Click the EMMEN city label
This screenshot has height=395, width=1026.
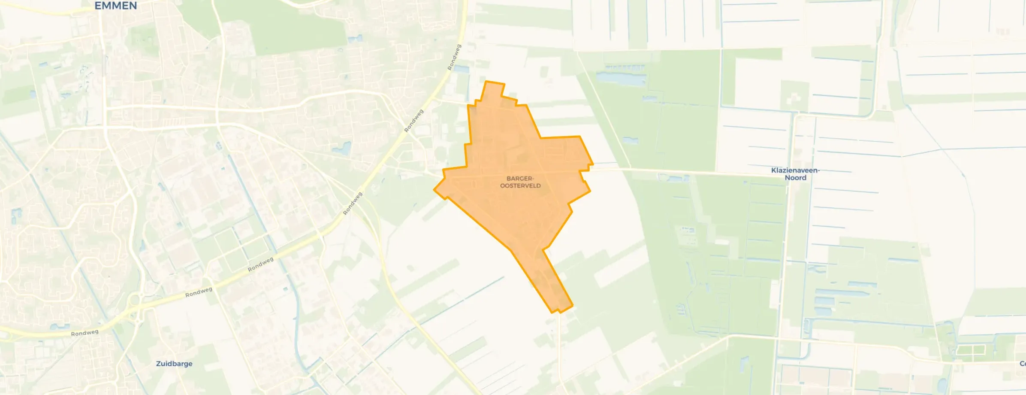click(115, 6)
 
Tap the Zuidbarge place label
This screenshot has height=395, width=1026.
click(174, 364)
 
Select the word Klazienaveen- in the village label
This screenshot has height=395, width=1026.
click(795, 170)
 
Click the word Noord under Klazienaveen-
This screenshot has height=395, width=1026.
click(795, 178)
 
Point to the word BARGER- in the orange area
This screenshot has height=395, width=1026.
click(520, 179)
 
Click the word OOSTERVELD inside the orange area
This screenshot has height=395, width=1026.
click(520, 186)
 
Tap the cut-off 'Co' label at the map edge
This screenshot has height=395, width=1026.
click(1022, 364)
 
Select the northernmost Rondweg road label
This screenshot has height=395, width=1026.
click(454, 57)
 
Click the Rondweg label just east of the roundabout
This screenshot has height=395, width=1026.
click(199, 292)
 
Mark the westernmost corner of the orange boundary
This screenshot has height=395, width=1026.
click(435, 189)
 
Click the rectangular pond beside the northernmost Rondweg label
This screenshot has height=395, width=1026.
click(461, 69)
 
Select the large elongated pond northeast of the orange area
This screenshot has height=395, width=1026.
click(621, 79)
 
